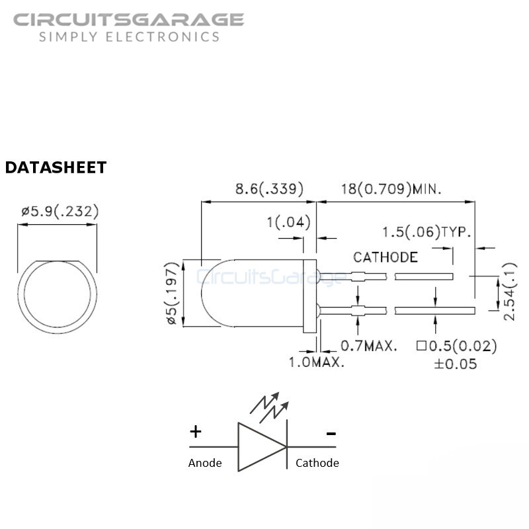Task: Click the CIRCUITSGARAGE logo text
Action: [128, 20]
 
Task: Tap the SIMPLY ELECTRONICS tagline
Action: [129, 37]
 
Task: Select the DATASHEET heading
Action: [56, 167]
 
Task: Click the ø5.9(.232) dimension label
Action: [60, 212]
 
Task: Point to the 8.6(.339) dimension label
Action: [269, 188]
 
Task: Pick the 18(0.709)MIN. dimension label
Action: [391, 189]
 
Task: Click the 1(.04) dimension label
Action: [288, 222]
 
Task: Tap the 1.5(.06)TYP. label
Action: [427, 232]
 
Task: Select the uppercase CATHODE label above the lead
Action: [386, 257]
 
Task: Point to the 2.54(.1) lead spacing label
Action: [510, 292]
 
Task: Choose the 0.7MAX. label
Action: [369, 346]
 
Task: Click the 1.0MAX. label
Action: [317, 362]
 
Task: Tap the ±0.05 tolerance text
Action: [456, 364]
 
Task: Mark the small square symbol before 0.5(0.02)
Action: [421, 345]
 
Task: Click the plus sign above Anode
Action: [196, 432]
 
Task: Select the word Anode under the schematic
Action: [205, 463]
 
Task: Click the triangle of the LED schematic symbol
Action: [262, 447]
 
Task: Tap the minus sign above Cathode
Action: [331, 434]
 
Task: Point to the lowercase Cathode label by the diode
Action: [317, 463]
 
